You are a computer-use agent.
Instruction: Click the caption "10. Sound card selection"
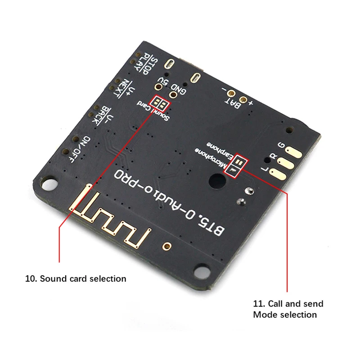click(x=76, y=279)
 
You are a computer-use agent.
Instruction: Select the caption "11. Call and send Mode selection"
click(x=288, y=309)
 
